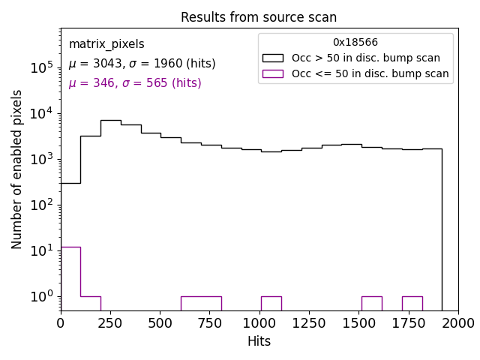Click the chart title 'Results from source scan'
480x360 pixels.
(259, 17)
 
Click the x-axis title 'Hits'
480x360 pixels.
(259, 341)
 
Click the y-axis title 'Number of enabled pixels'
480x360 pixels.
(17, 169)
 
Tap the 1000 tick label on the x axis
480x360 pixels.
(259, 322)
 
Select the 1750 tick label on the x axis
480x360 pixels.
(408, 322)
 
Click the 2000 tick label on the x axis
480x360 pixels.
(457, 322)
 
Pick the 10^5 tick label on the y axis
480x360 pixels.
(40, 68)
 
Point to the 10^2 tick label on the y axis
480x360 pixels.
(40, 205)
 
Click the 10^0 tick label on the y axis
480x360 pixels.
(40, 296)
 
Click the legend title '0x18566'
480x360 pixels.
(355, 43)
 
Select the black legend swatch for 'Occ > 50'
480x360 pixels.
(273, 58)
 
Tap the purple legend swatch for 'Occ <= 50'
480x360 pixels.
(273, 73)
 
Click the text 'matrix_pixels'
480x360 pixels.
(106, 44)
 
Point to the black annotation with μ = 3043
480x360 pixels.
(142, 64)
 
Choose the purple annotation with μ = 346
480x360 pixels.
(135, 83)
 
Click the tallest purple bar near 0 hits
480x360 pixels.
(70, 277)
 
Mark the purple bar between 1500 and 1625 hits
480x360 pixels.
(371, 303)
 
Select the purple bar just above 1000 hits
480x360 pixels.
(271, 303)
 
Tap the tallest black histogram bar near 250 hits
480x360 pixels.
(110, 214)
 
